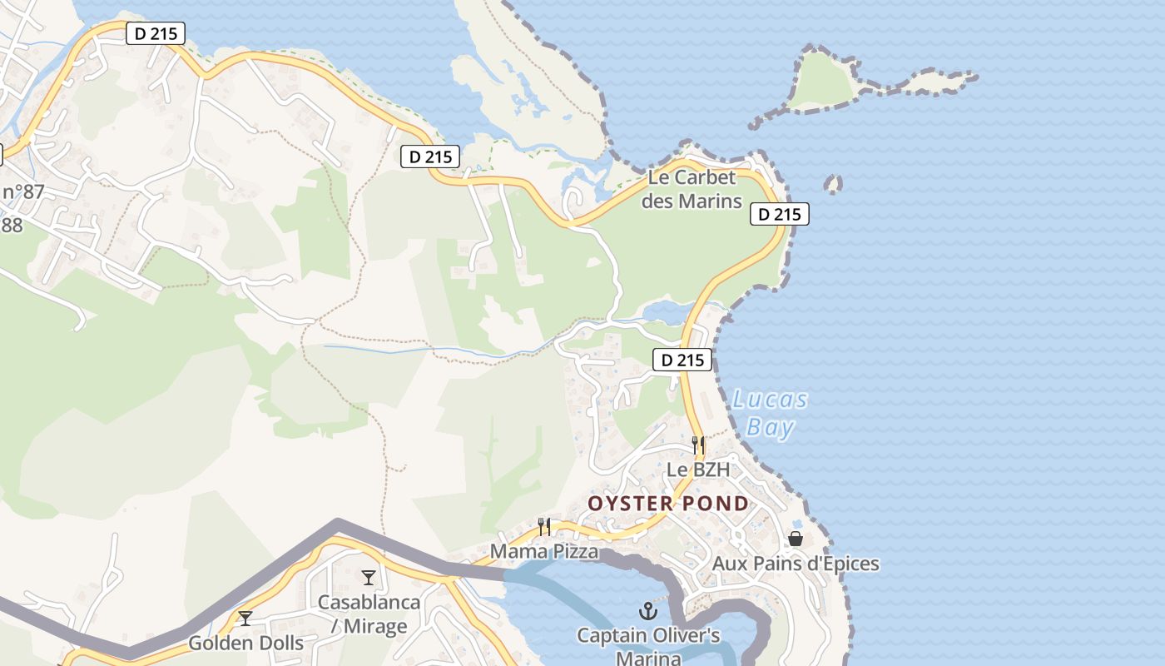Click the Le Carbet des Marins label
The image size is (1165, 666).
(692, 189)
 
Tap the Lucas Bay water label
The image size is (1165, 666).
(770, 413)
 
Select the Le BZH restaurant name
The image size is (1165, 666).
(698, 470)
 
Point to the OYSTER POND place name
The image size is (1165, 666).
(668, 504)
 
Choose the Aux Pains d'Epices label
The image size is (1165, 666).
(796, 564)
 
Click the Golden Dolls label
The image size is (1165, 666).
(245, 643)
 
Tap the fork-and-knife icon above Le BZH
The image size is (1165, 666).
(698, 445)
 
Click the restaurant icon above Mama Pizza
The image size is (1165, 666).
(544, 526)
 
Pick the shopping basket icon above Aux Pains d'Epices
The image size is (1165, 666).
(796, 539)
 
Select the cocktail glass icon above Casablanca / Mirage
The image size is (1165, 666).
(369, 577)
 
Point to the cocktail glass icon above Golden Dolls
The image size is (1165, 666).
(245, 618)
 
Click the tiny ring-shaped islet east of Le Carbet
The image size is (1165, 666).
(832, 184)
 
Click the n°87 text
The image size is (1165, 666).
(22, 192)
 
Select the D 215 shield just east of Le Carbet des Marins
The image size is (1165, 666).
(780, 214)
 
